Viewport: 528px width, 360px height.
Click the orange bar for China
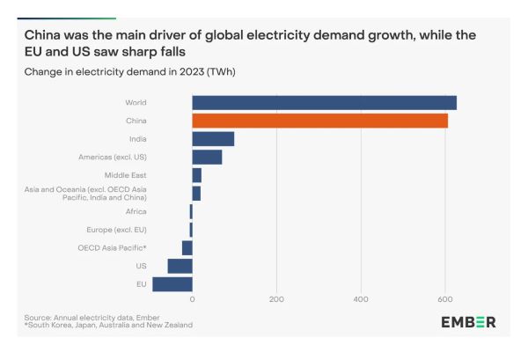point(319,121)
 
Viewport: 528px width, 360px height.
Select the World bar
point(324,102)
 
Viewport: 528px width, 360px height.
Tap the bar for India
point(213,139)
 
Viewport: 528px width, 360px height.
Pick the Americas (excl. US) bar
point(207,157)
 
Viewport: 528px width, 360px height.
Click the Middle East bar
point(197,175)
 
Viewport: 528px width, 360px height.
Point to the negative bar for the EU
point(172,284)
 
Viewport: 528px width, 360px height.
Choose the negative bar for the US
point(180,266)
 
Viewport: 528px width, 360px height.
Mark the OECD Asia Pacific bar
point(187,247)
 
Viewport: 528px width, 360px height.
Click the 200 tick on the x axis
point(276,300)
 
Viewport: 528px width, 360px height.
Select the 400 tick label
point(361,300)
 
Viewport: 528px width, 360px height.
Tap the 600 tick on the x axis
point(445,300)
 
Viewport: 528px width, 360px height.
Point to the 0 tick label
point(192,300)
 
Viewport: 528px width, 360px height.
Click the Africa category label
point(136,211)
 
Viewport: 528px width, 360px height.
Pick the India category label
point(137,139)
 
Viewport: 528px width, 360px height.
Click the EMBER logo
point(468,322)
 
